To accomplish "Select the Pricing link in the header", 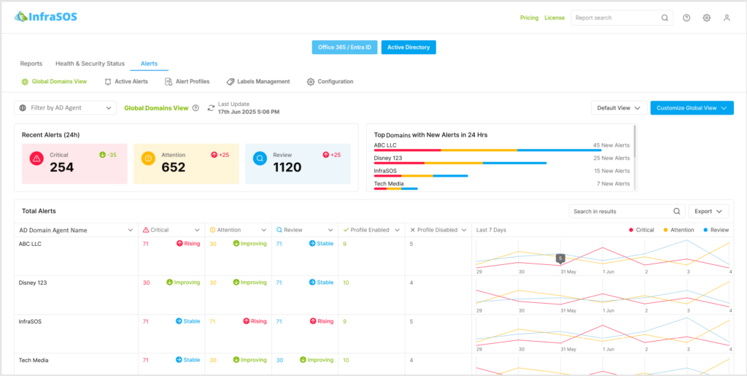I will click(x=529, y=18).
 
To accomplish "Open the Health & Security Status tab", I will click(x=90, y=64).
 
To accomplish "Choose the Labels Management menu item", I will click(x=258, y=82).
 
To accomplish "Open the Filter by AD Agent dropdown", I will click(x=66, y=108).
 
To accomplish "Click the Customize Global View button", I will click(x=692, y=108).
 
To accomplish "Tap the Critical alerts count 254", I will click(x=62, y=167).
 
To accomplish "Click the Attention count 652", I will click(x=174, y=167).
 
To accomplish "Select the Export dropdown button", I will click(x=708, y=211).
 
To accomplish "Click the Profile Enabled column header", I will click(x=370, y=230).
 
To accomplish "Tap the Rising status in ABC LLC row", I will click(x=187, y=244).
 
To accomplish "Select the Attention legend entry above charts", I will click(x=678, y=230).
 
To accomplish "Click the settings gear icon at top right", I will click(x=706, y=18).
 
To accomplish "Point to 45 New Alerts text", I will click(x=611, y=145).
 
